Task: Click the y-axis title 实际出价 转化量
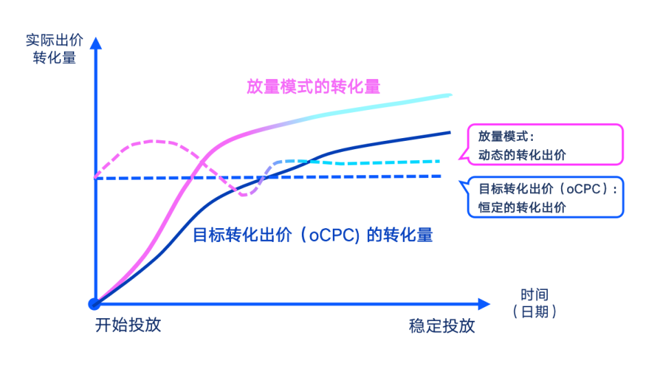[54, 49]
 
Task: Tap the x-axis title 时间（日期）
[534, 303]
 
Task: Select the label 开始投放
[128, 325]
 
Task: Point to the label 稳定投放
[442, 326]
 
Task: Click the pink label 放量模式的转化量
[313, 87]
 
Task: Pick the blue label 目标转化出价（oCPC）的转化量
[313, 235]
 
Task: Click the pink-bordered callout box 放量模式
[545, 144]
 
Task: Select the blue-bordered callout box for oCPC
[545, 197]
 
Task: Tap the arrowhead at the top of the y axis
[96, 43]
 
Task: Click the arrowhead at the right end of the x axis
[485, 304]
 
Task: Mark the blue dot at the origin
[94, 304]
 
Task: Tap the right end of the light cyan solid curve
[450, 96]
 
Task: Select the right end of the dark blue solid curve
[450, 133]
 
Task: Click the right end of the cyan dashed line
[439, 161]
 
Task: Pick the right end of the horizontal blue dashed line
[439, 177]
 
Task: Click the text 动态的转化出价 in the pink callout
[522, 155]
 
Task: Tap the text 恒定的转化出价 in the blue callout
[522, 207]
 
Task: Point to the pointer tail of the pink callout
[461, 158]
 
